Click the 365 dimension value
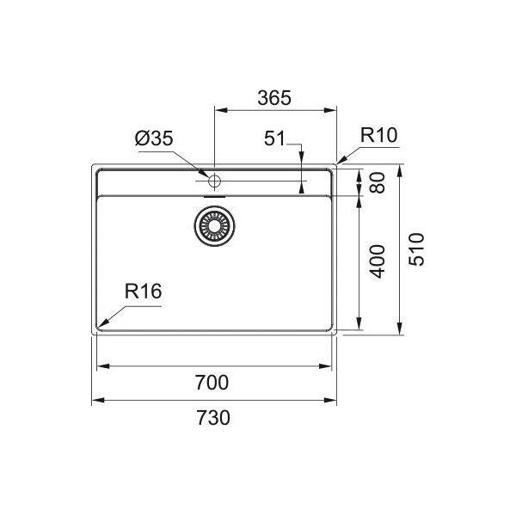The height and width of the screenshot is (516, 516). click(274, 98)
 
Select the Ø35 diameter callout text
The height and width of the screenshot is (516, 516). click(154, 138)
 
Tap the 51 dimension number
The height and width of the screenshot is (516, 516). click(274, 138)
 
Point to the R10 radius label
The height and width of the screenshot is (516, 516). click(378, 135)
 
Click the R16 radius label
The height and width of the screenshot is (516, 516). click(143, 292)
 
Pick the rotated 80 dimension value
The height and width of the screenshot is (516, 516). click(378, 182)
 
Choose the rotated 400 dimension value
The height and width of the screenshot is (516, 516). click(378, 261)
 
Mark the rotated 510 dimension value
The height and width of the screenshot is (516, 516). click(416, 249)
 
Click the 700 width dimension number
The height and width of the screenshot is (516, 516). click(212, 383)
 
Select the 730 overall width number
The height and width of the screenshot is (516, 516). click(213, 418)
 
